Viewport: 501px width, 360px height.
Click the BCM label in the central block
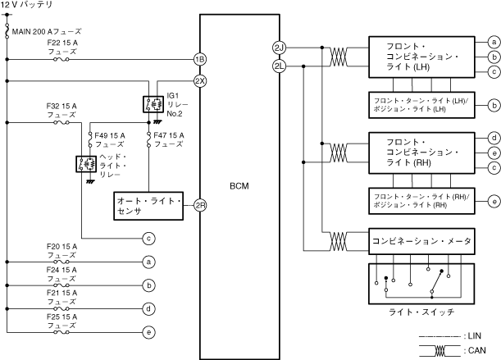pos(239,186)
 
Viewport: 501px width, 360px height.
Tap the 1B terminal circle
pos(199,59)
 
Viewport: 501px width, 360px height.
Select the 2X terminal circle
pos(199,81)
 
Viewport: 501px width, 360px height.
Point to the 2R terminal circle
pos(199,205)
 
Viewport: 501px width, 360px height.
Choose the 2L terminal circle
pos(278,65)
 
